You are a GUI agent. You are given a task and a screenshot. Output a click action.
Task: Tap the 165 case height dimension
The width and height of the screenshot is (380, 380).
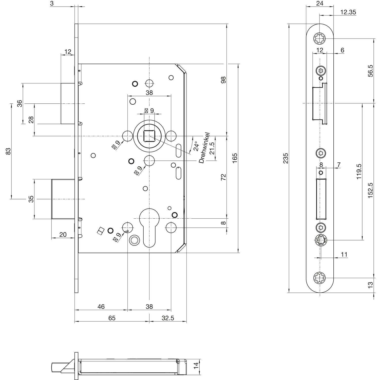pyautogui.click(x=235, y=158)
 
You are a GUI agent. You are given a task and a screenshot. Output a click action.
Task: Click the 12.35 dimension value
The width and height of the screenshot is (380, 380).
pyautogui.click(x=348, y=12)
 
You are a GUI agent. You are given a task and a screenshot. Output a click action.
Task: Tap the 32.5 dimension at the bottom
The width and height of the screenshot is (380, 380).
pyautogui.click(x=168, y=318)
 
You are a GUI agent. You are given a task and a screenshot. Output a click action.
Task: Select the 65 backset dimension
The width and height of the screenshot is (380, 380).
pyautogui.click(x=112, y=318)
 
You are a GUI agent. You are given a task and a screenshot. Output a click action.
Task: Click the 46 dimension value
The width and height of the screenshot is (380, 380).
pyautogui.click(x=101, y=307)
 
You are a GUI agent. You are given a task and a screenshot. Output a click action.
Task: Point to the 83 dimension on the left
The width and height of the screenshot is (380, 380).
pyautogui.click(x=8, y=151)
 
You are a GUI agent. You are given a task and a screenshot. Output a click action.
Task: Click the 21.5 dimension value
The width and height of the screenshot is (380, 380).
pyautogui.click(x=212, y=148)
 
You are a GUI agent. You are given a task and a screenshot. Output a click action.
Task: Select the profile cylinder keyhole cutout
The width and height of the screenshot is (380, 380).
pyautogui.click(x=149, y=227)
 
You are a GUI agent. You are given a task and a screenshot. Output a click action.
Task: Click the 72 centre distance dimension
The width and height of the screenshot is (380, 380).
pyautogui.click(x=223, y=177)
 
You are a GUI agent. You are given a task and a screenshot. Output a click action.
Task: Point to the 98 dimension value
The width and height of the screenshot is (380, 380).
pyautogui.click(x=223, y=80)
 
